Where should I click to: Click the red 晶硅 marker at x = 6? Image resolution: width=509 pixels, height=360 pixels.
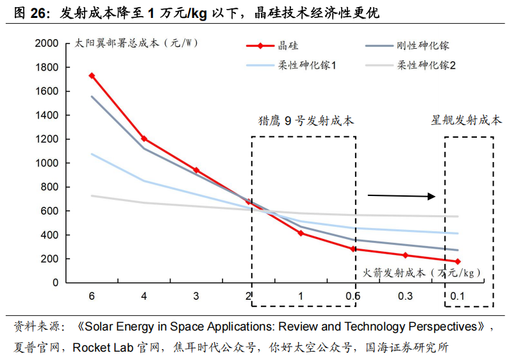click(92, 76)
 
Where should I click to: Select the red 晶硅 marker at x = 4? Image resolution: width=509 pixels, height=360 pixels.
click(144, 138)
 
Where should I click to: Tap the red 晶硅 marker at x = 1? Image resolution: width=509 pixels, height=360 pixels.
click(301, 233)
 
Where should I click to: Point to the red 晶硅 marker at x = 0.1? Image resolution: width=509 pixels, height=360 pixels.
click(458, 261)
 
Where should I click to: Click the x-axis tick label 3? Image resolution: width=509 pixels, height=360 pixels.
click(196, 296)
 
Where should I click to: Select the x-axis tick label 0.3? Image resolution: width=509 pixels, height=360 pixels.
click(405, 296)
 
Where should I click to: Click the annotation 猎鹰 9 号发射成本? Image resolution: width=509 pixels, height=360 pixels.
click(306, 120)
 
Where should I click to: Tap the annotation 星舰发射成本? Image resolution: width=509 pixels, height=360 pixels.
click(466, 120)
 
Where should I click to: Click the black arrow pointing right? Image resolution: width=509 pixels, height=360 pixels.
click(401, 196)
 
